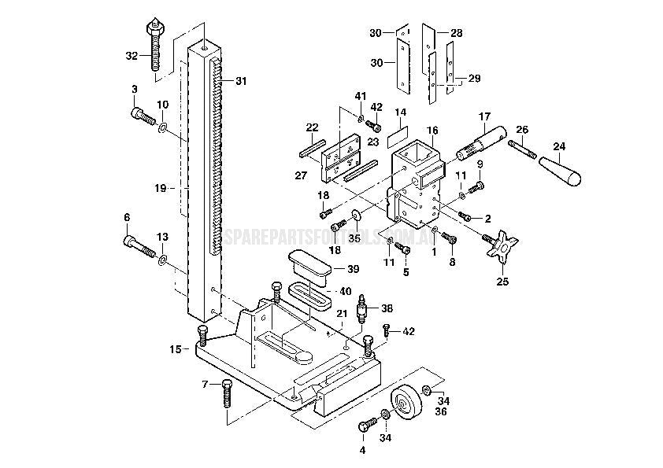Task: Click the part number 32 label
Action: (131, 56)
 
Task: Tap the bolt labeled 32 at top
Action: (155, 42)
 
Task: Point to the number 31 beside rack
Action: (240, 80)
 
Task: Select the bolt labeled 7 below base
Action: (227, 392)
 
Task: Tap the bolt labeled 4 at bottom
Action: (365, 426)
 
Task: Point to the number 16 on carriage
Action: (432, 130)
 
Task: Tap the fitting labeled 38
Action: (363, 308)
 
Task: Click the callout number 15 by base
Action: (176, 348)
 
